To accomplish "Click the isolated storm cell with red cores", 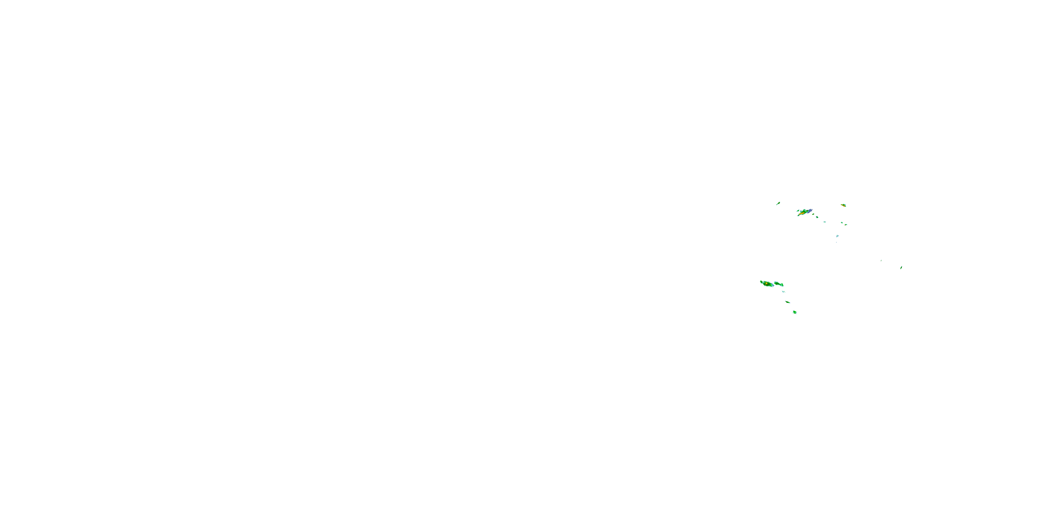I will pyautogui.click(x=843, y=206).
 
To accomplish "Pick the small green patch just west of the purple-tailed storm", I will pyautogui.click(x=798, y=210).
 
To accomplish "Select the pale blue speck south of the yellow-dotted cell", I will pyautogui.click(x=837, y=236).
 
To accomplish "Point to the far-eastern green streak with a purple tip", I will pyautogui.click(x=901, y=268).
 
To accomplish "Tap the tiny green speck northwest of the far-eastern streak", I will pyautogui.click(x=881, y=260).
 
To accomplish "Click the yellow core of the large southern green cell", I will pyautogui.click(x=766, y=284).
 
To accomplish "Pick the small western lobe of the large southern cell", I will pyautogui.click(x=762, y=282).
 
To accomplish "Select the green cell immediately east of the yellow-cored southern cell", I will pyautogui.click(x=778, y=284).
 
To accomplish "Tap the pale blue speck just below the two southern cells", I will pyautogui.click(x=784, y=291).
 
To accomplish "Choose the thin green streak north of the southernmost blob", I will pyautogui.click(x=787, y=302).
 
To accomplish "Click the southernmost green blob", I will pyautogui.click(x=794, y=312).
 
